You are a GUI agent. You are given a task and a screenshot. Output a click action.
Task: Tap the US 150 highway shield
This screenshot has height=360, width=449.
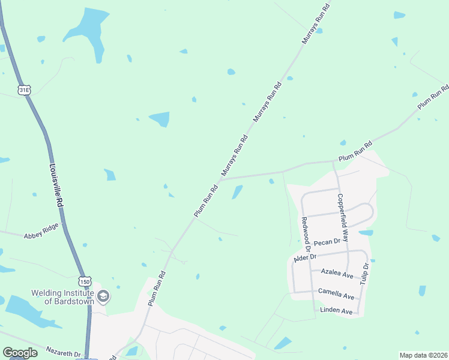click(85, 281)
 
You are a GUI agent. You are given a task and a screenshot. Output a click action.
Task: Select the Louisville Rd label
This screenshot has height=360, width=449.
click(56, 186)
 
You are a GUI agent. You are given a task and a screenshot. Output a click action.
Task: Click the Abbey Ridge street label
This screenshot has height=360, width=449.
click(41, 230)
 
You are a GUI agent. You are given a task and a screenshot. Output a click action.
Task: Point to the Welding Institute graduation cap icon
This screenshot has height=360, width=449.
click(103, 296)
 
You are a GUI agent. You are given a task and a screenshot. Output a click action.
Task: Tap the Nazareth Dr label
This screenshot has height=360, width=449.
click(63, 354)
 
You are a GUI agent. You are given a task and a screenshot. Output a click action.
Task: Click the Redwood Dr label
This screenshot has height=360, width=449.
click(306, 234)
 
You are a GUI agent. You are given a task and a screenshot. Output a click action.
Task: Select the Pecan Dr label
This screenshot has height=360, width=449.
click(327, 242)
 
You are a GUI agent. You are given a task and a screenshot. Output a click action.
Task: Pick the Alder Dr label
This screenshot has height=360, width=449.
click(304, 257)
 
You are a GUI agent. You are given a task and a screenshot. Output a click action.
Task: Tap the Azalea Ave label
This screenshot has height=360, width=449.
click(337, 273)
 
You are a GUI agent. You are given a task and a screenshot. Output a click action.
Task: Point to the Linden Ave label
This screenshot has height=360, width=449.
click(336, 311)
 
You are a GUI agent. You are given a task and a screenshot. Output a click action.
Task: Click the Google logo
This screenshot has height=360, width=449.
click(20, 353)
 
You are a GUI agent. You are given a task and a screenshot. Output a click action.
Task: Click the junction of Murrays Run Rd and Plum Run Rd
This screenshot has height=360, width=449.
click(220, 179)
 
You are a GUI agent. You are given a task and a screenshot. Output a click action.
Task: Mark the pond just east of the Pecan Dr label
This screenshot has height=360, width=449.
click(366, 233)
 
